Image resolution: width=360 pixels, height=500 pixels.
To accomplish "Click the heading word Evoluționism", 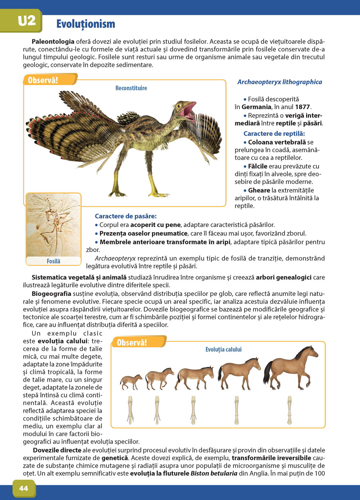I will (x=86, y=24).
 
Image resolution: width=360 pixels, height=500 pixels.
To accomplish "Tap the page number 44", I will (x=23, y=488).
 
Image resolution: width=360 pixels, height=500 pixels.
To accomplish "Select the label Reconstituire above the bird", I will (x=131, y=88).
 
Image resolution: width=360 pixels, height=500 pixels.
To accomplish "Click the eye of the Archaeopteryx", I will (x=179, y=106).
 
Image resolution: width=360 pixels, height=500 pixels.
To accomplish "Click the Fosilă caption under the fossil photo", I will (x=53, y=261).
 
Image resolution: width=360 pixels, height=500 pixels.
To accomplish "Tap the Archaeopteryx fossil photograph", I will (x=53, y=225).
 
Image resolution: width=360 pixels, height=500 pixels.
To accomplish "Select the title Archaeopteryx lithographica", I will (x=279, y=82).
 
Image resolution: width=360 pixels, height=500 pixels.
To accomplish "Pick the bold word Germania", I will (x=256, y=107).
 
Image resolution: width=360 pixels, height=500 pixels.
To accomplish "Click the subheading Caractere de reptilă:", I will (x=274, y=133).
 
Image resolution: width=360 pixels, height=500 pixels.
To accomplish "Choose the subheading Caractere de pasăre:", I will (x=126, y=216).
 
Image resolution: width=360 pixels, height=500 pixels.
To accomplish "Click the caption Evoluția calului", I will (x=223, y=349).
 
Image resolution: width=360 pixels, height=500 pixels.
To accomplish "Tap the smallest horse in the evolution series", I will (x=131, y=382).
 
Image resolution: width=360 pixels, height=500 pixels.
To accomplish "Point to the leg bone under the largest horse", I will (x=289, y=410).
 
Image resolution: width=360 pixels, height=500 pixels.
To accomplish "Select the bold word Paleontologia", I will (x=53, y=42).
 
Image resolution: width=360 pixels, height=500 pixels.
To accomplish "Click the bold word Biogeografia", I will (x=51, y=294).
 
